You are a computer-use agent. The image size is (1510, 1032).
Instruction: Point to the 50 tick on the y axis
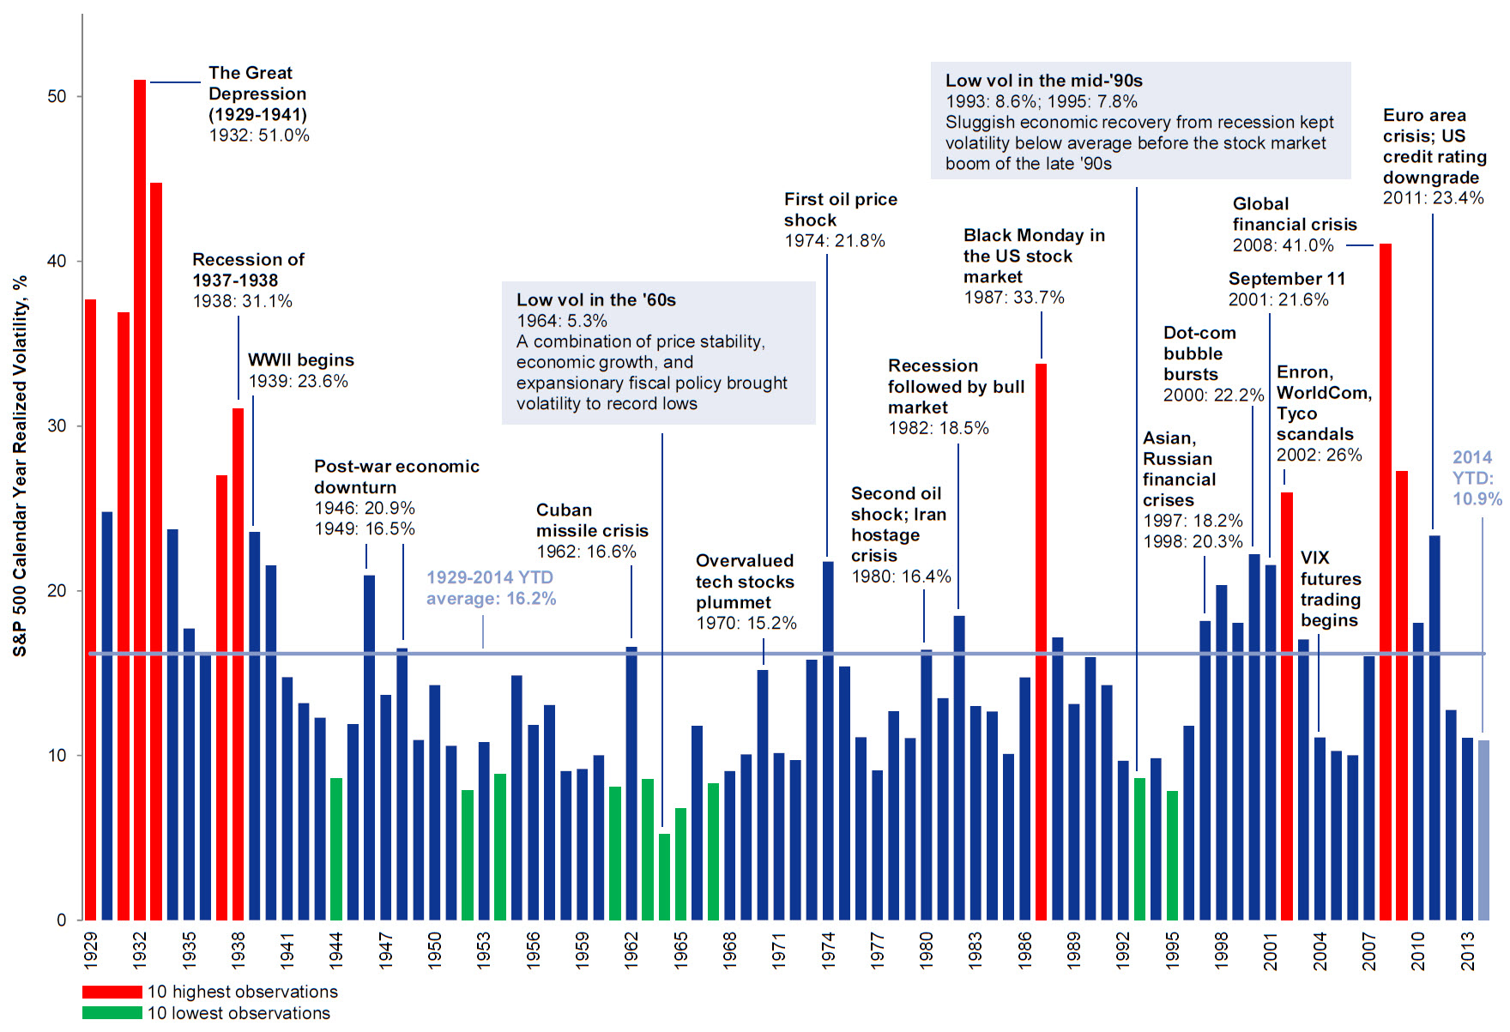57,96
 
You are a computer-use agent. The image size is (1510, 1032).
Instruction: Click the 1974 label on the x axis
828,951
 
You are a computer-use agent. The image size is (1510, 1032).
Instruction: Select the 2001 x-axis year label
1271,951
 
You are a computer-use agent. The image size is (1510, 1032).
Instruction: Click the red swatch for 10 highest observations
112,992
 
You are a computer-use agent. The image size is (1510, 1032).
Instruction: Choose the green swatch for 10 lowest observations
112,1013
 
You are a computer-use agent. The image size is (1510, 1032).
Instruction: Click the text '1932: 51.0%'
259,136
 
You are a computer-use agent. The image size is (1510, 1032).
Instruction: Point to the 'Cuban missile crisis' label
592,520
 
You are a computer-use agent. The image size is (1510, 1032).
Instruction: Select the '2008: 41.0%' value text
1283,245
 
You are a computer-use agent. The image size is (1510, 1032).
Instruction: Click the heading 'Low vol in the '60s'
595,300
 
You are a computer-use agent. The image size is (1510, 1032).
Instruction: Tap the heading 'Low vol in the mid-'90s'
1043,81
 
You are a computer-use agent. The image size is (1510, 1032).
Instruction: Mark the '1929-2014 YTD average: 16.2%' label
491,588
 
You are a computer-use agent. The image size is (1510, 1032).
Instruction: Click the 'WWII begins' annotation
300,360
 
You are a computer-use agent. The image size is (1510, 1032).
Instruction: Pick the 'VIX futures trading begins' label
1330,588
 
